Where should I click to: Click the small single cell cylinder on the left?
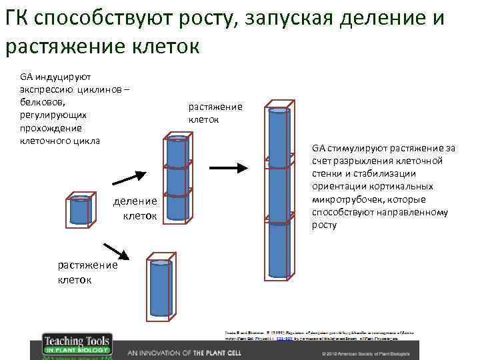pyautogui.click(x=80, y=211)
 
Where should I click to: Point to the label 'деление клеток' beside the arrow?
pyautogui.click(x=135, y=208)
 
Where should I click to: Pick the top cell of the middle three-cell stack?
pyautogui.click(x=177, y=151)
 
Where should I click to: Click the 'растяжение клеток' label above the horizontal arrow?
pyautogui.click(x=215, y=113)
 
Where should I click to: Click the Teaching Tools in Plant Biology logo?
pyautogui.click(x=77, y=345)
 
